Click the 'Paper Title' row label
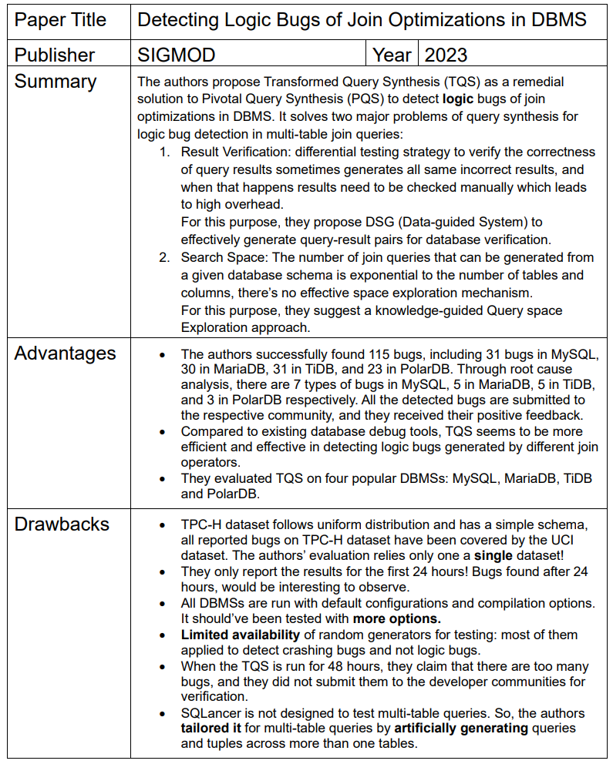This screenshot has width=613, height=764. [60, 20]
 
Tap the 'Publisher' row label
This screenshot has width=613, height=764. [55, 55]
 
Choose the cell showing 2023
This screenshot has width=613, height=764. [446, 55]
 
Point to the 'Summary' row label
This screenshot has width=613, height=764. [56, 82]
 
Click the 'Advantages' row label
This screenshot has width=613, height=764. [66, 354]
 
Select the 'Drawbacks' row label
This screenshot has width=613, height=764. [62, 524]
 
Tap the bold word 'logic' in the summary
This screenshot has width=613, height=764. [459, 99]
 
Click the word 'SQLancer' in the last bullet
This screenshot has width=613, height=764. [212, 713]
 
